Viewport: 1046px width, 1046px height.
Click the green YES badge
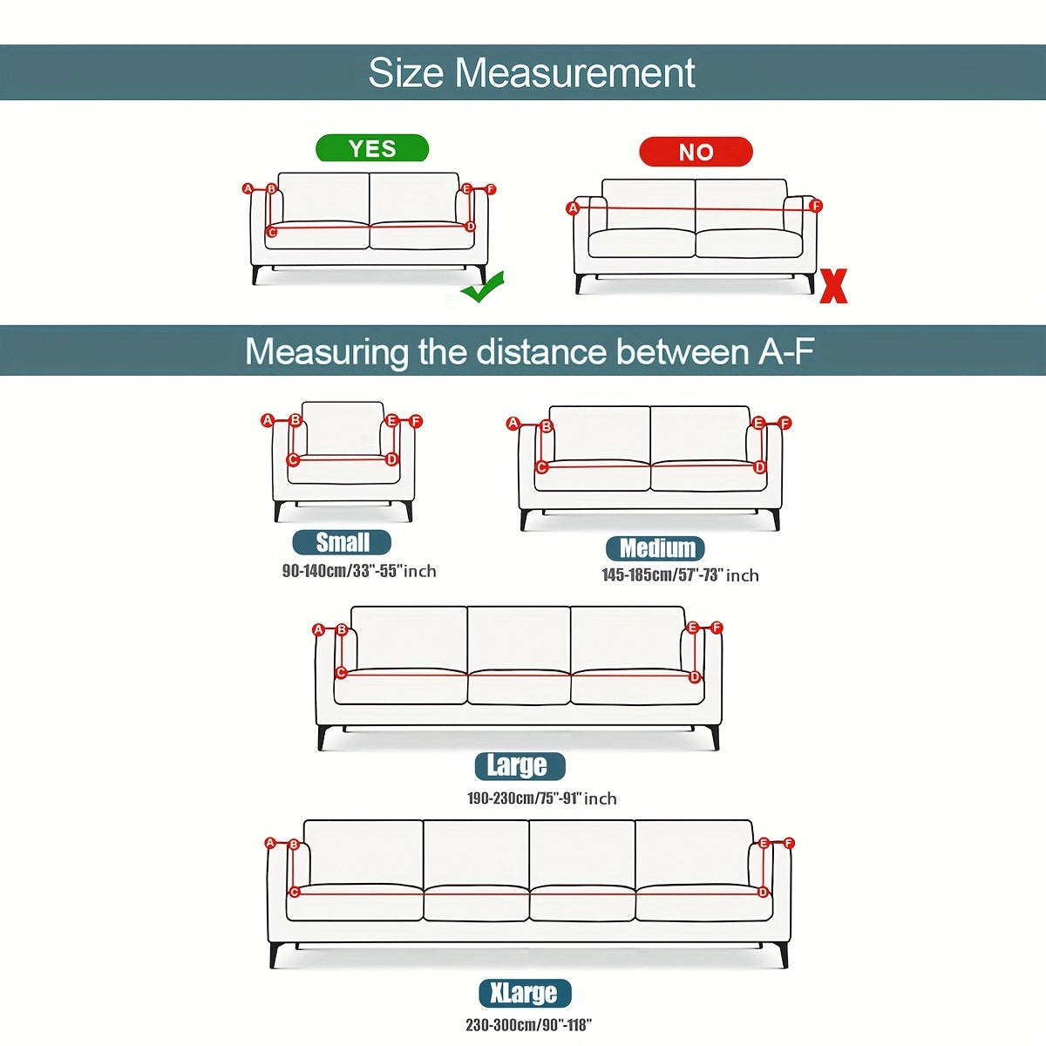372,148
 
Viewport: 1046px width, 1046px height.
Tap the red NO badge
696,152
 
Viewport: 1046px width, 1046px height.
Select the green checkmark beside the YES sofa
483,287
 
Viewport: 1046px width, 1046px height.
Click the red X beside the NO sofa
833,286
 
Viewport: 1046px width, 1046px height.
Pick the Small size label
342,542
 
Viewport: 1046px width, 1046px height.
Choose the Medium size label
656,548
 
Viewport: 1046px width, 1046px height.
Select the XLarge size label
524,994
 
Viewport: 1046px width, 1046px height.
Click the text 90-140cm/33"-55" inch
359,571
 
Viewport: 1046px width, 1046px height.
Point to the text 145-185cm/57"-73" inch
680,575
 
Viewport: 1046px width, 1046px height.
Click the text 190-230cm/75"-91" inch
541,798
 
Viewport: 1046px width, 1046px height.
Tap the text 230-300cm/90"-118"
528,1025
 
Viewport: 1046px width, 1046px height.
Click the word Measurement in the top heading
574,72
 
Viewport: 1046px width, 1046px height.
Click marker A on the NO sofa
573,208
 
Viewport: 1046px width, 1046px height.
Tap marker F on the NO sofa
816,207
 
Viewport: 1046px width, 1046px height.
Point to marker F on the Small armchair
416,422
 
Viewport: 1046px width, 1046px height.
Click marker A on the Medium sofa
513,424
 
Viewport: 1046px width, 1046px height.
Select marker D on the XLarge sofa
763,892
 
